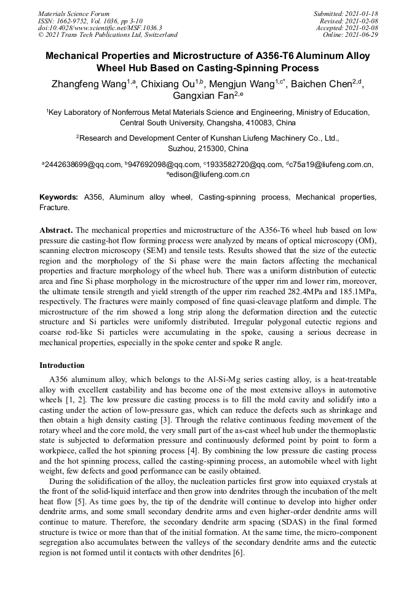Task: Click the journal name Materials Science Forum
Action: point(74,13)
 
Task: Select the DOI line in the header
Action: point(100,28)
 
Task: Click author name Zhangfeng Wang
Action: point(89,84)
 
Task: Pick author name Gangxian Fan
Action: point(204,96)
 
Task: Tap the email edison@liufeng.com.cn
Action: point(209,175)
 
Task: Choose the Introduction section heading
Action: point(62,365)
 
